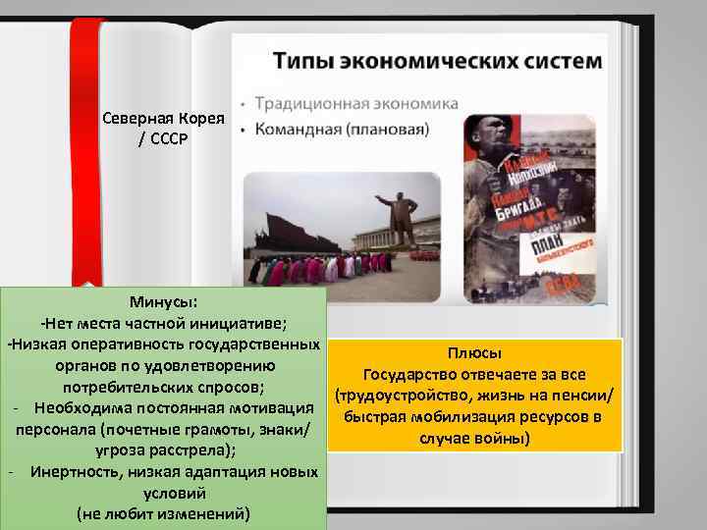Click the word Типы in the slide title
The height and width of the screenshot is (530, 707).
[x=301, y=61]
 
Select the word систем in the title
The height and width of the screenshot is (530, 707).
[x=558, y=61]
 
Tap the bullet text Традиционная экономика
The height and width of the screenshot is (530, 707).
[x=356, y=103]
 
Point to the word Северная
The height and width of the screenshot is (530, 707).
[x=136, y=118]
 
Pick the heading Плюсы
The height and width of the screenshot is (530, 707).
[x=475, y=353]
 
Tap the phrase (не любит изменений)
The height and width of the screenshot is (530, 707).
[x=163, y=514]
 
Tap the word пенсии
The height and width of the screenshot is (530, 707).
[x=588, y=396]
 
